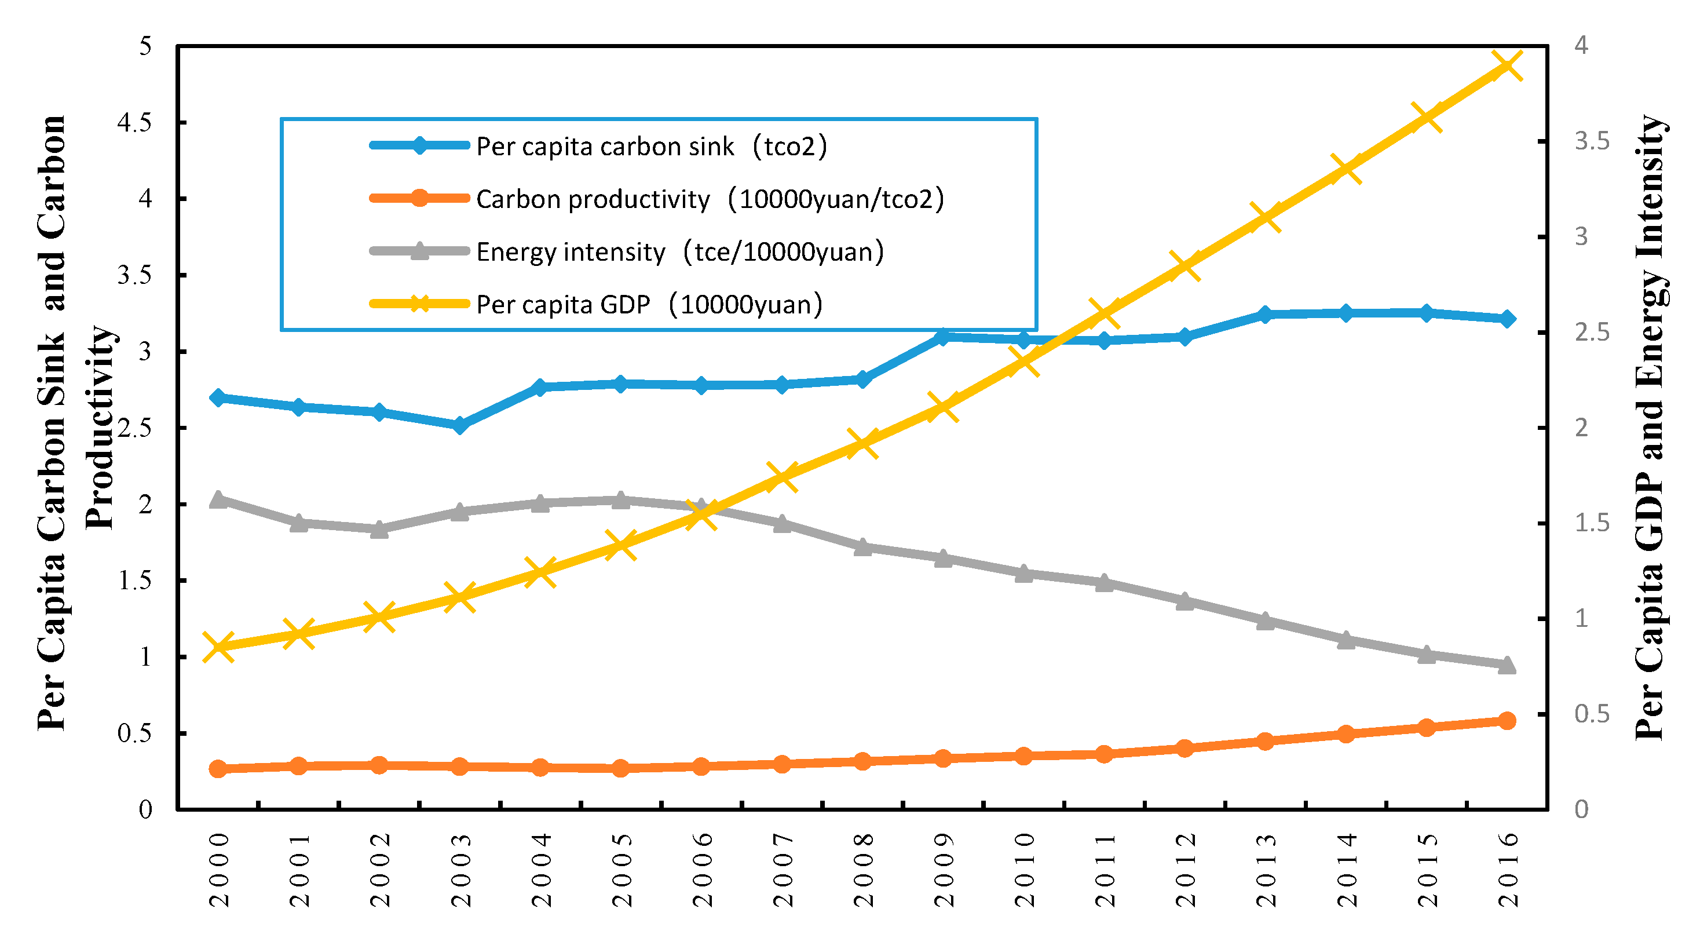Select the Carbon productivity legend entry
pos(710,199)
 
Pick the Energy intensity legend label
pos(680,251)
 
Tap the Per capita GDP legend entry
pos(649,304)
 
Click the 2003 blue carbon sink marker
pos(460,425)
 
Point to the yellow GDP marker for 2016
pos(1507,65)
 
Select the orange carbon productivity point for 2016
pos(1507,720)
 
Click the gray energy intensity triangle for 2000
pos(218,499)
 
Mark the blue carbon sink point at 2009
pos(943,337)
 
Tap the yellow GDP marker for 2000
pos(218,647)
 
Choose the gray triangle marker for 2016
pos(1507,665)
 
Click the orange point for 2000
pos(218,769)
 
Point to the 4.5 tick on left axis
pos(134,122)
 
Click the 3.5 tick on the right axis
pos(1591,141)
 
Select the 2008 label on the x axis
pos(863,870)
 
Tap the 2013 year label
pos(1266,870)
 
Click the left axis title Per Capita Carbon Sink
pos(52,422)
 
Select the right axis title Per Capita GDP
pos(1650,429)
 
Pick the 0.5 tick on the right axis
pos(1591,714)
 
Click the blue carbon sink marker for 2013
pos(1265,315)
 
